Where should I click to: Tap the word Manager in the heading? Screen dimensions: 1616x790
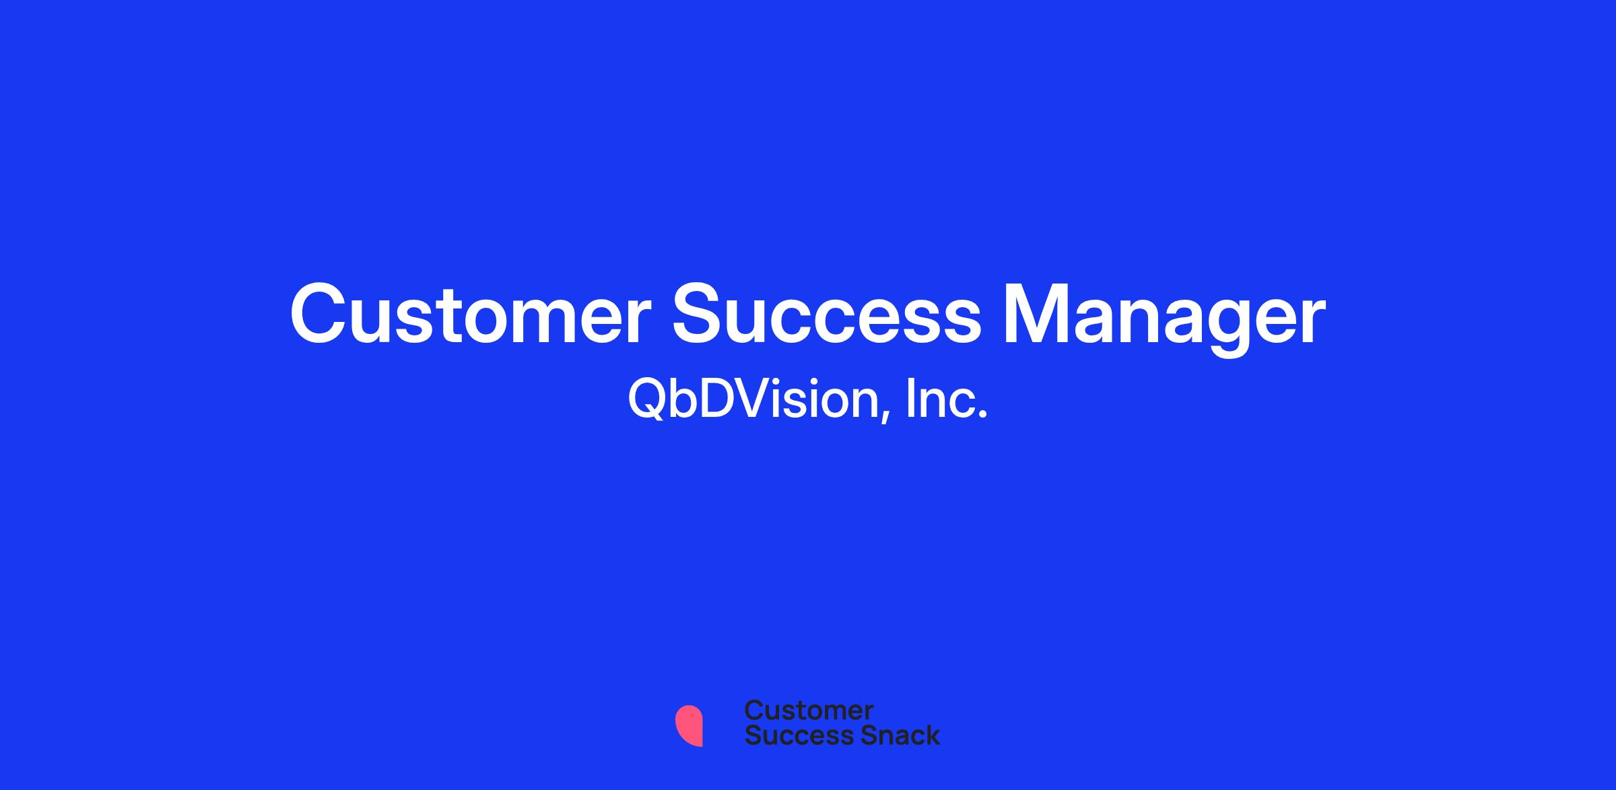click(1164, 319)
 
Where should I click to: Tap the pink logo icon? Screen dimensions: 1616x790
click(689, 726)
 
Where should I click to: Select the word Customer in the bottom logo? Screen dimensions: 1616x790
click(809, 710)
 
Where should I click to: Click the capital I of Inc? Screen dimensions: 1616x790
click(910, 399)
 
